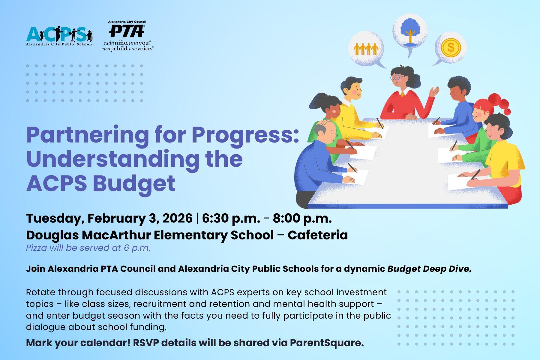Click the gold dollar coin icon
point(451,47)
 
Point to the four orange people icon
point(366,49)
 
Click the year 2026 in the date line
point(177,218)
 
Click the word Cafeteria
point(318,235)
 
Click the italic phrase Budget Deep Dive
point(429,269)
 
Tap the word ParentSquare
point(327,343)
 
